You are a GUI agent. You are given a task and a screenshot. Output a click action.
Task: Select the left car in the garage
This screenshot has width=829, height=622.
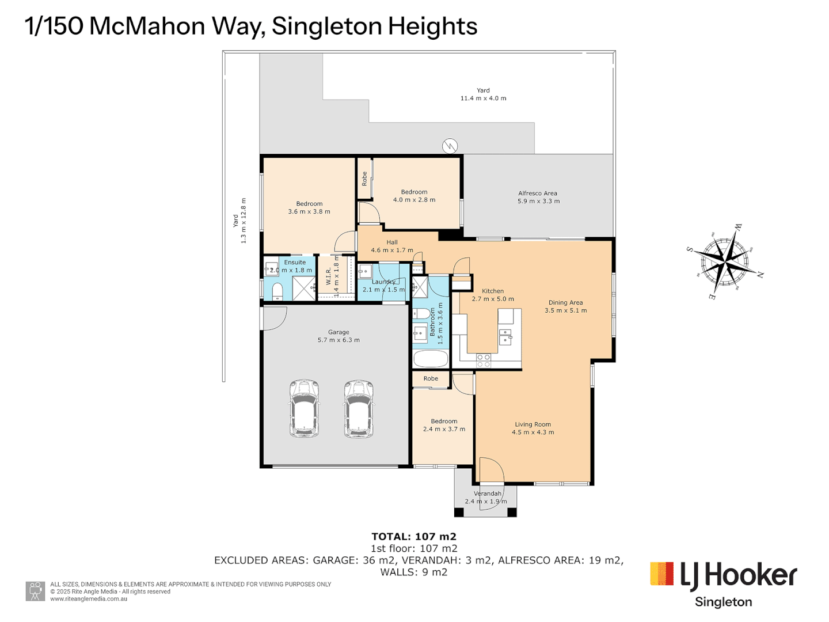(304, 408)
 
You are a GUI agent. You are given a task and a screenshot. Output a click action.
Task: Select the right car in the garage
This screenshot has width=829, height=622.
(359, 408)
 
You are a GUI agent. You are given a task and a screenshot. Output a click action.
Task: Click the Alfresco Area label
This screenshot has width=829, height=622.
(538, 194)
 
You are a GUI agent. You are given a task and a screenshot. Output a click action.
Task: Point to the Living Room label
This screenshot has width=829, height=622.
(533, 424)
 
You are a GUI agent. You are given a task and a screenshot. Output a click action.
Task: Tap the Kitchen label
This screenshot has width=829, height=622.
(493, 291)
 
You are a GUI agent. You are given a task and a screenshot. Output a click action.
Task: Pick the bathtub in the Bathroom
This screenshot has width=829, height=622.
(431, 359)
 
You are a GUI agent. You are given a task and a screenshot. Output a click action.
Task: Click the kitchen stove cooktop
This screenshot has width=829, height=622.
(483, 361)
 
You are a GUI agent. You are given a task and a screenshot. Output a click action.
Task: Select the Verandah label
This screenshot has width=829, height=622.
(487, 494)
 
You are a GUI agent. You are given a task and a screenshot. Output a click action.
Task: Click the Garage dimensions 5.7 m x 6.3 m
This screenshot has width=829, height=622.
(339, 340)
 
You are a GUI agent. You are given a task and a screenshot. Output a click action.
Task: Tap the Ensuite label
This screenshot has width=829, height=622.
(295, 262)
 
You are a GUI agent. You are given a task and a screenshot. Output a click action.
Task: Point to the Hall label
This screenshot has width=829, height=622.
(392, 242)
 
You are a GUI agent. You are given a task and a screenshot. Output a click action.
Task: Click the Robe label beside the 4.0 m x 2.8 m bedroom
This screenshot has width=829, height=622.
(364, 179)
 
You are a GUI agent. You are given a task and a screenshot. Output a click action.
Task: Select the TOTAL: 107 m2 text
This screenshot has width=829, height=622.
(414, 537)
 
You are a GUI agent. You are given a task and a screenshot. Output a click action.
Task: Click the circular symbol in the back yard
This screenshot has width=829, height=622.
(450, 146)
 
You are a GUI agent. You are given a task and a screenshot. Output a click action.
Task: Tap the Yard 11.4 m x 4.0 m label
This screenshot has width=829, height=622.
(483, 94)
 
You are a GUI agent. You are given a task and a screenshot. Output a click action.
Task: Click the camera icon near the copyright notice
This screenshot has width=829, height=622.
(35, 591)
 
